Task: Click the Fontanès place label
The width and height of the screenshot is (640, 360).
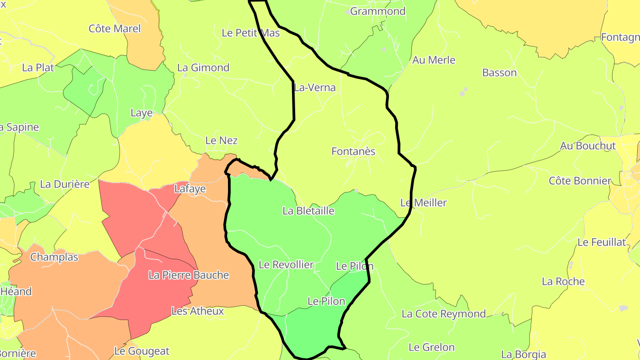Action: [x=353, y=152]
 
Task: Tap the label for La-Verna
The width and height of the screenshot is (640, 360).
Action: [x=315, y=88]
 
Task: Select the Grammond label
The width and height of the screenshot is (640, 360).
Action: [x=378, y=11]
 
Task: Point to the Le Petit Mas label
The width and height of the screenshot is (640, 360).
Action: [x=251, y=33]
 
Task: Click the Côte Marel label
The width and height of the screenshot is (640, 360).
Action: [x=115, y=28]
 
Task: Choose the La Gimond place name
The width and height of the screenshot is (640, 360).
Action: [x=203, y=68]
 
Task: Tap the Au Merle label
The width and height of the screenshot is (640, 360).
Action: [x=434, y=60]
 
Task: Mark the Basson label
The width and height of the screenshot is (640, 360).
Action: [x=500, y=72]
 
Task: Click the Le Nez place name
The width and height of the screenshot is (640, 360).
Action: [x=221, y=140]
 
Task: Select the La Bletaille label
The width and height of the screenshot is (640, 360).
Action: [x=308, y=211]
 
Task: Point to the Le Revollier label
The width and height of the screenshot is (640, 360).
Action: [x=286, y=264]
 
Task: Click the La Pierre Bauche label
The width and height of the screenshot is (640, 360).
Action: [x=189, y=275]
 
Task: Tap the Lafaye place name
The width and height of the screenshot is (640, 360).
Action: [x=190, y=188]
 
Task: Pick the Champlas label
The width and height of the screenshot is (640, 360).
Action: [x=54, y=257]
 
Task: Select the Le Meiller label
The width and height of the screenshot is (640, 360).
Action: [x=424, y=203]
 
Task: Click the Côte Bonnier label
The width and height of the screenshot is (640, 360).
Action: [x=580, y=181]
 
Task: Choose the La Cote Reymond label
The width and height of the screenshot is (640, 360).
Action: [x=444, y=314]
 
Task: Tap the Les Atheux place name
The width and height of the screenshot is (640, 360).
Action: [x=198, y=311]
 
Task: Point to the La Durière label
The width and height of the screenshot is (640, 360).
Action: [x=65, y=184]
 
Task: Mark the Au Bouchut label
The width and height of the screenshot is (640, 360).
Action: [x=588, y=146]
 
